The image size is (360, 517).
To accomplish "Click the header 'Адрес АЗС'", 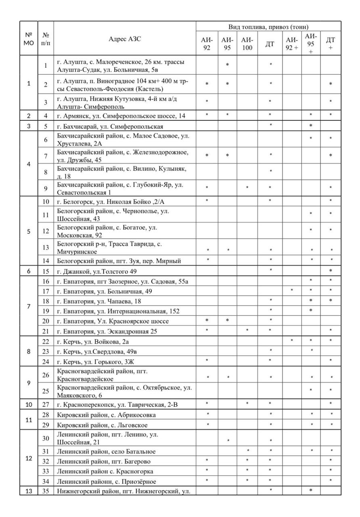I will click(125, 39).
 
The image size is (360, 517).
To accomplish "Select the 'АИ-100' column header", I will click(247, 44).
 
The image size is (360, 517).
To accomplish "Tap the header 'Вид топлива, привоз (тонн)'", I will click(268, 27).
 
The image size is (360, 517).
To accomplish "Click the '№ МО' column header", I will click(29, 39).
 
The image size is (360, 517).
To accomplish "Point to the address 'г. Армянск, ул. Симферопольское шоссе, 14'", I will click(121, 116).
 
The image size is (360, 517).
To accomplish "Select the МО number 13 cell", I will click(29, 491).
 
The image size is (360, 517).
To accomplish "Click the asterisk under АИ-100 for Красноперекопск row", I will click(247, 404).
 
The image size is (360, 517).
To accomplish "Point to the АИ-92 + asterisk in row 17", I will click(291, 290).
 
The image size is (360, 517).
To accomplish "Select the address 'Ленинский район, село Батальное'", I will click(106, 451).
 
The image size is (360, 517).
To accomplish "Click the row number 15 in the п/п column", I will click(46, 271).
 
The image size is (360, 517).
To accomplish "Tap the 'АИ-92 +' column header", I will click(291, 44).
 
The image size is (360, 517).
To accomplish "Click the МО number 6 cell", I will click(29, 271).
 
